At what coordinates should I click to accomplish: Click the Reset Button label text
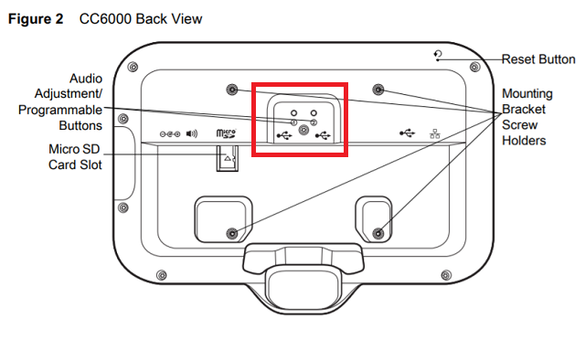[538, 59]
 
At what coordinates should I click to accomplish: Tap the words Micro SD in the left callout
[74, 149]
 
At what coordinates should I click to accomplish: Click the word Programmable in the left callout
[60, 110]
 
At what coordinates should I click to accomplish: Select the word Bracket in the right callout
[524, 110]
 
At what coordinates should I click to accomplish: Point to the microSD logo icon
[226, 133]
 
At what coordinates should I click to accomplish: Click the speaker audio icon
[192, 133]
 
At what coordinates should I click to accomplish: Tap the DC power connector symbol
[170, 134]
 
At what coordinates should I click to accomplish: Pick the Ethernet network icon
[435, 134]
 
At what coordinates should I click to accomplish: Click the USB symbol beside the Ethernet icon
[407, 132]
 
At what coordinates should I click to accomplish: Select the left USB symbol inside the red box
[284, 135]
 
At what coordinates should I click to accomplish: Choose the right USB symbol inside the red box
[323, 135]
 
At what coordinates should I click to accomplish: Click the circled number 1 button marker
[294, 122]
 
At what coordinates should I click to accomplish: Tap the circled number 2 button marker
[314, 122]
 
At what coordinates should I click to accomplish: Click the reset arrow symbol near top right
[439, 55]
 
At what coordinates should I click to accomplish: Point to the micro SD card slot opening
[228, 159]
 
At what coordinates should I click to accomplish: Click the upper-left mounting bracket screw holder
[232, 90]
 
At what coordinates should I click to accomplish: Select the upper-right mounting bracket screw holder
[378, 90]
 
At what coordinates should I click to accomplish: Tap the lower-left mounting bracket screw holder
[232, 234]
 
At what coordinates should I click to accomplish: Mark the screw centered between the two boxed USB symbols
[303, 130]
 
